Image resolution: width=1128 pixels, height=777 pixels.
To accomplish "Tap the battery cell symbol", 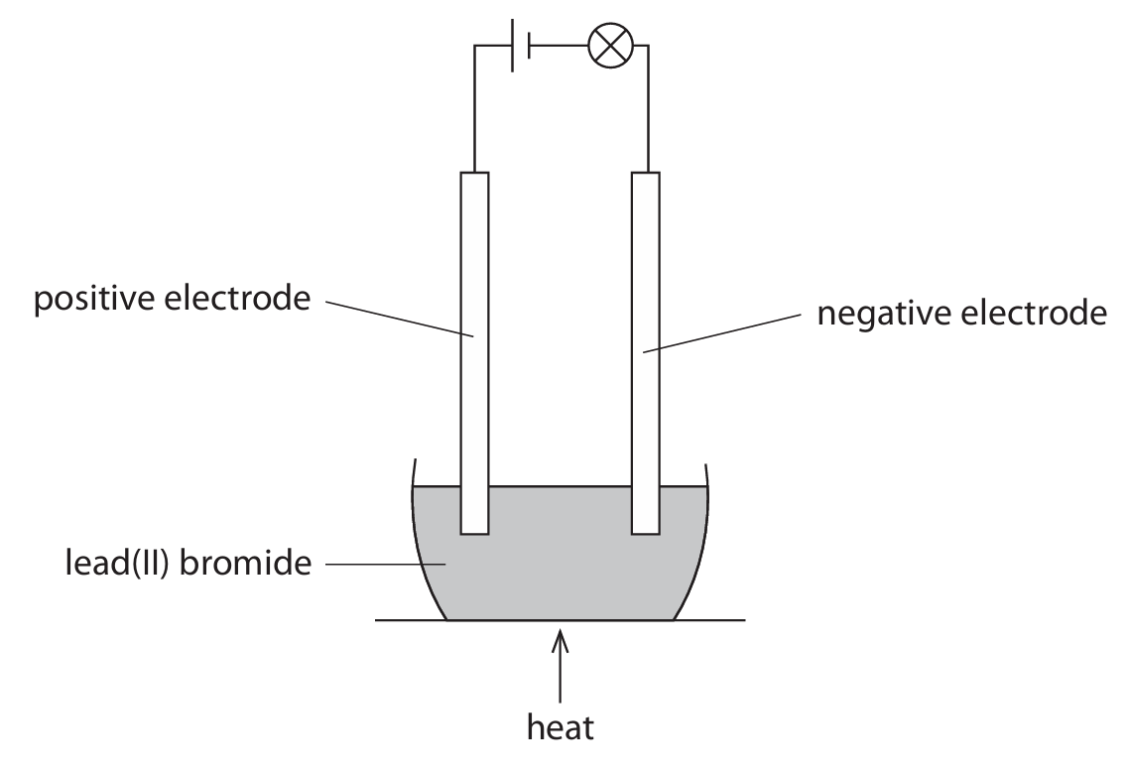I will point(521,46).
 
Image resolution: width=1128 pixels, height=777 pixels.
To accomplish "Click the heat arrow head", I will point(562,640).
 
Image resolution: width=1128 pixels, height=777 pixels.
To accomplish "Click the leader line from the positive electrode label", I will point(397,318).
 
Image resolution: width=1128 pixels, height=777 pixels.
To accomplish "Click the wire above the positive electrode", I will point(475,109).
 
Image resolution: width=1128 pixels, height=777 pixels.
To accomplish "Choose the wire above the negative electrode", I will point(647,109).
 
